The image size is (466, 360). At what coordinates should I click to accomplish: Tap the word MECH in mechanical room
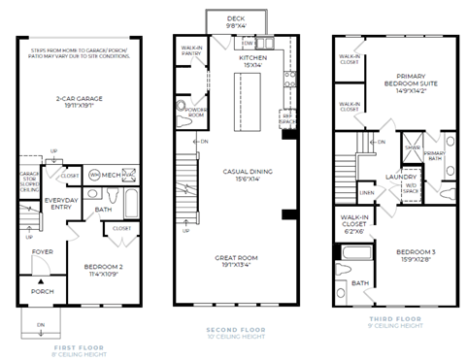click(110, 175)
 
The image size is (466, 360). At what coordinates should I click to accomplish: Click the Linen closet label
click(366, 192)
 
